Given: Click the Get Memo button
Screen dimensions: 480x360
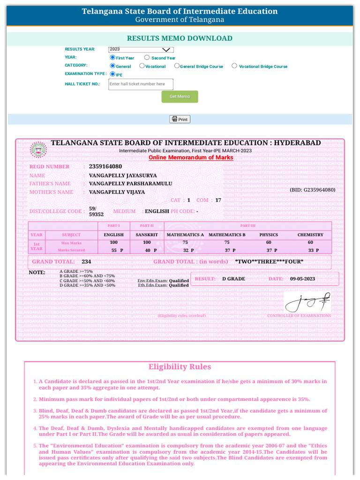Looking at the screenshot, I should [x=180, y=97].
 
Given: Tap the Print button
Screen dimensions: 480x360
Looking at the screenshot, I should [x=180, y=119].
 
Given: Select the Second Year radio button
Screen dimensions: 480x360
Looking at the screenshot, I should [x=147, y=58].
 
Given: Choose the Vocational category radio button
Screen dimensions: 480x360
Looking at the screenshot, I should [x=142, y=66].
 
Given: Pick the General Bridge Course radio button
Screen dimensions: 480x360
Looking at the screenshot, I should [x=177, y=66].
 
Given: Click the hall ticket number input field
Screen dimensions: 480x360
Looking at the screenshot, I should [x=141, y=84].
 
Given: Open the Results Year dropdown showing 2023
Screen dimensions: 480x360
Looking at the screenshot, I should [x=141, y=49].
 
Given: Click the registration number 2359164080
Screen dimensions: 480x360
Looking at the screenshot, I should [x=105, y=166].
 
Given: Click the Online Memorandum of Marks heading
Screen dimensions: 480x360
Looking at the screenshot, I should [x=191, y=157].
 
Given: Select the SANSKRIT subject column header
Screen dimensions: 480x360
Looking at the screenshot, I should [x=147, y=235].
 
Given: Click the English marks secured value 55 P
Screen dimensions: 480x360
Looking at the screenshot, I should [x=117, y=250].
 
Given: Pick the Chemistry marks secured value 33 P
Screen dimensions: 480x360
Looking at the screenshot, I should [x=313, y=250].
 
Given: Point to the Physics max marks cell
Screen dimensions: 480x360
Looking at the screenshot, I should [x=269, y=242].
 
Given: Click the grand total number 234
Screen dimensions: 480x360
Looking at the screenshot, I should [x=86, y=262].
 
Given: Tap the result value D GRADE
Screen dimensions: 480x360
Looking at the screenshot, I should [x=233, y=279].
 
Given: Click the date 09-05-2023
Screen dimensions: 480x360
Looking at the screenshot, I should [x=302, y=279].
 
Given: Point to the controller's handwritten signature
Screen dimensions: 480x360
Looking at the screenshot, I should [x=307, y=302].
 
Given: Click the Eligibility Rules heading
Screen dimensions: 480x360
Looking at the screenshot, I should [x=180, y=367].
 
